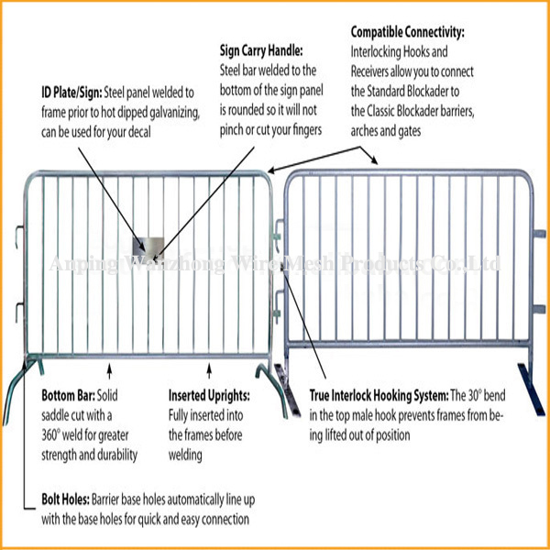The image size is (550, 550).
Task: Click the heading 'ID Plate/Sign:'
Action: coord(71,93)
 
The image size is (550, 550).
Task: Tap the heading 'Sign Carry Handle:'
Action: coord(261,50)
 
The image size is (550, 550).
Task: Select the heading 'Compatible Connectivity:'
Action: coord(408,32)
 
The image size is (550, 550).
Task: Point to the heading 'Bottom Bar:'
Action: coord(69,395)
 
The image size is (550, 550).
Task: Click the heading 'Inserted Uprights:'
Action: coord(209,395)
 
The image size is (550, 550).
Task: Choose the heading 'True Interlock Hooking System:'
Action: coord(379,396)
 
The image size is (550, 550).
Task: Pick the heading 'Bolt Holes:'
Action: coord(65,499)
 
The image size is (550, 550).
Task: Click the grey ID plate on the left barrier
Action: coord(148,249)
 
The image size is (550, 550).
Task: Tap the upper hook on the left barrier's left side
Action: coord(19,236)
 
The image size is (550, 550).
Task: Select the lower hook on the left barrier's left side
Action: coord(19,313)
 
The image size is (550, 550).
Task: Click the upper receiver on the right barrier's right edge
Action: coord(539,234)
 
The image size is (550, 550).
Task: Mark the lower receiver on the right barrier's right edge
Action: coord(539,309)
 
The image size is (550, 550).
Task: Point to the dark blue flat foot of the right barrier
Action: coord(532,390)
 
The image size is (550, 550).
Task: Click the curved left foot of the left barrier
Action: coord(14,390)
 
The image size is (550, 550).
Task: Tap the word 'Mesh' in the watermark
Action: coord(310,264)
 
